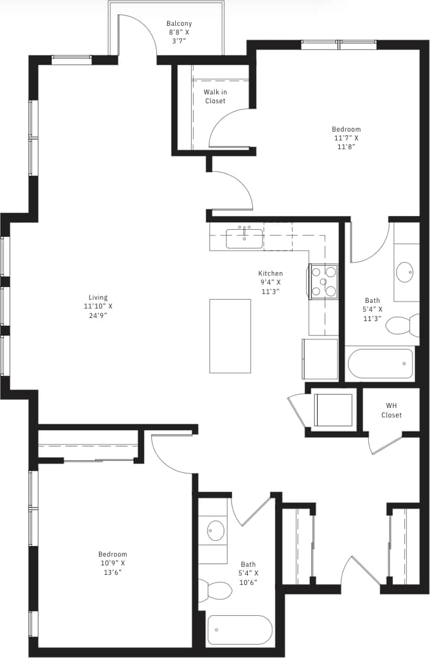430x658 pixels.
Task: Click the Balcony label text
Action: pyautogui.click(x=179, y=24)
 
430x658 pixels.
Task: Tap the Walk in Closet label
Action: pyautogui.click(x=215, y=96)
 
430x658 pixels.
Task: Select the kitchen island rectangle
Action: pyautogui.click(x=230, y=336)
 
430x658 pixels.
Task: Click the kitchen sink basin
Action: pyautogui.click(x=244, y=239)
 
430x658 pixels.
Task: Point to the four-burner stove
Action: pyautogui.click(x=323, y=281)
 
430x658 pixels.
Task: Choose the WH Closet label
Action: pyautogui.click(x=391, y=411)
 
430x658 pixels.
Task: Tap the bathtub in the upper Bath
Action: pyautogui.click(x=380, y=363)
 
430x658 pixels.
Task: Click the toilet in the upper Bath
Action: pyautogui.click(x=401, y=326)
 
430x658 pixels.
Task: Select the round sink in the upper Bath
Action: pyautogui.click(x=405, y=272)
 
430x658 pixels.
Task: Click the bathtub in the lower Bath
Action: pyautogui.click(x=240, y=630)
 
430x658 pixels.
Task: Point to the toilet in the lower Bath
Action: pyautogui.click(x=216, y=591)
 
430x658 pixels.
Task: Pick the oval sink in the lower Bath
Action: pyautogui.click(x=216, y=530)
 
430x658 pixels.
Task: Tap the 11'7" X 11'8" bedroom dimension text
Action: pyautogui.click(x=346, y=142)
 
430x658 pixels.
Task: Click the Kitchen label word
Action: pyautogui.click(x=270, y=273)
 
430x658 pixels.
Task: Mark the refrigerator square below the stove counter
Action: pyautogui.click(x=320, y=358)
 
